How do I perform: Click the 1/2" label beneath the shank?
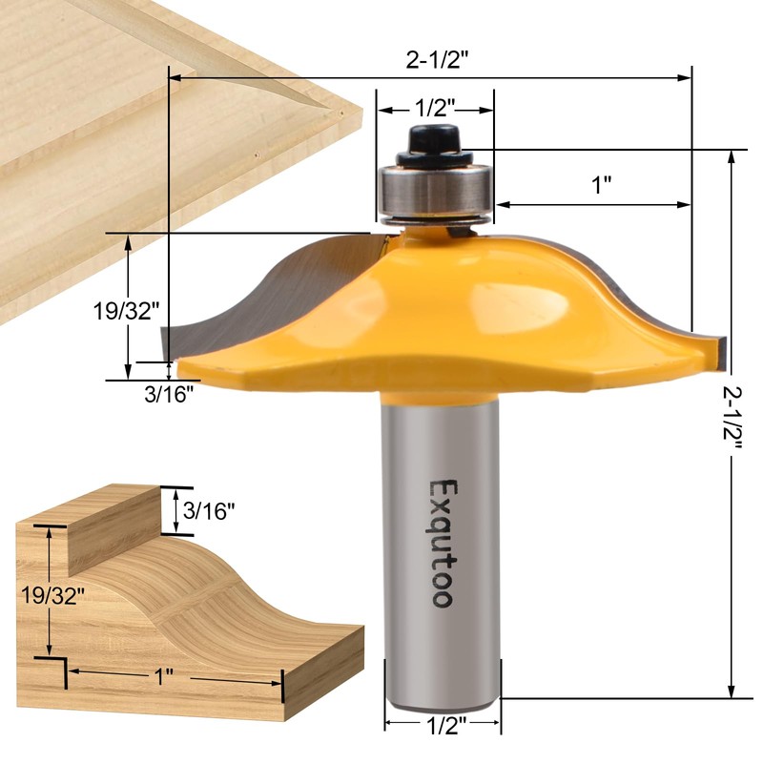point(442,727)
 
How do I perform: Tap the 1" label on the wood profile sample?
point(163,675)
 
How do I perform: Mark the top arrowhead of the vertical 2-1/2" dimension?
point(732,156)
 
